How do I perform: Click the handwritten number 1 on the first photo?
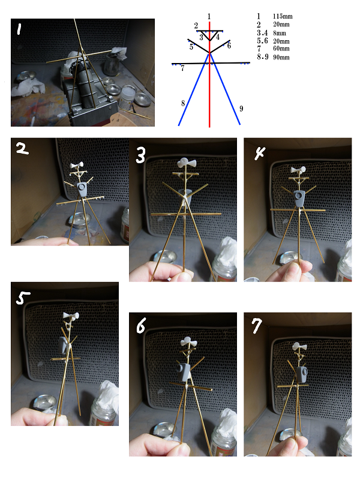(19, 29)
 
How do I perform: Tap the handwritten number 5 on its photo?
(22, 298)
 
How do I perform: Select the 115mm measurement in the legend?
(283, 16)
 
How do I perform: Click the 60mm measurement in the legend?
(281, 49)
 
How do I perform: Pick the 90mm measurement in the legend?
(281, 57)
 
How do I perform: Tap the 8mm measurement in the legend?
(280, 33)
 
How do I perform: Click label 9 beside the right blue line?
(241, 109)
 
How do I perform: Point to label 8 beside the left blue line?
(183, 103)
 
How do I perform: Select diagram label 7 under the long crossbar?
(182, 68)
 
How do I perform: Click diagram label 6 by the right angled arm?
(229, 46)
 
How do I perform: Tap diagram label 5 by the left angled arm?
(191, 47)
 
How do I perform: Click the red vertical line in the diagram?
(209, 73)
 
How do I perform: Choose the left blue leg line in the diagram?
(194, 89)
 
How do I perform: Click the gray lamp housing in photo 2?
(82, 189)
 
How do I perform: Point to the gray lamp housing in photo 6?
(183, 372)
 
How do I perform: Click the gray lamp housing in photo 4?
(299, 198)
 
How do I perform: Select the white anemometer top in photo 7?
(299, 347)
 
